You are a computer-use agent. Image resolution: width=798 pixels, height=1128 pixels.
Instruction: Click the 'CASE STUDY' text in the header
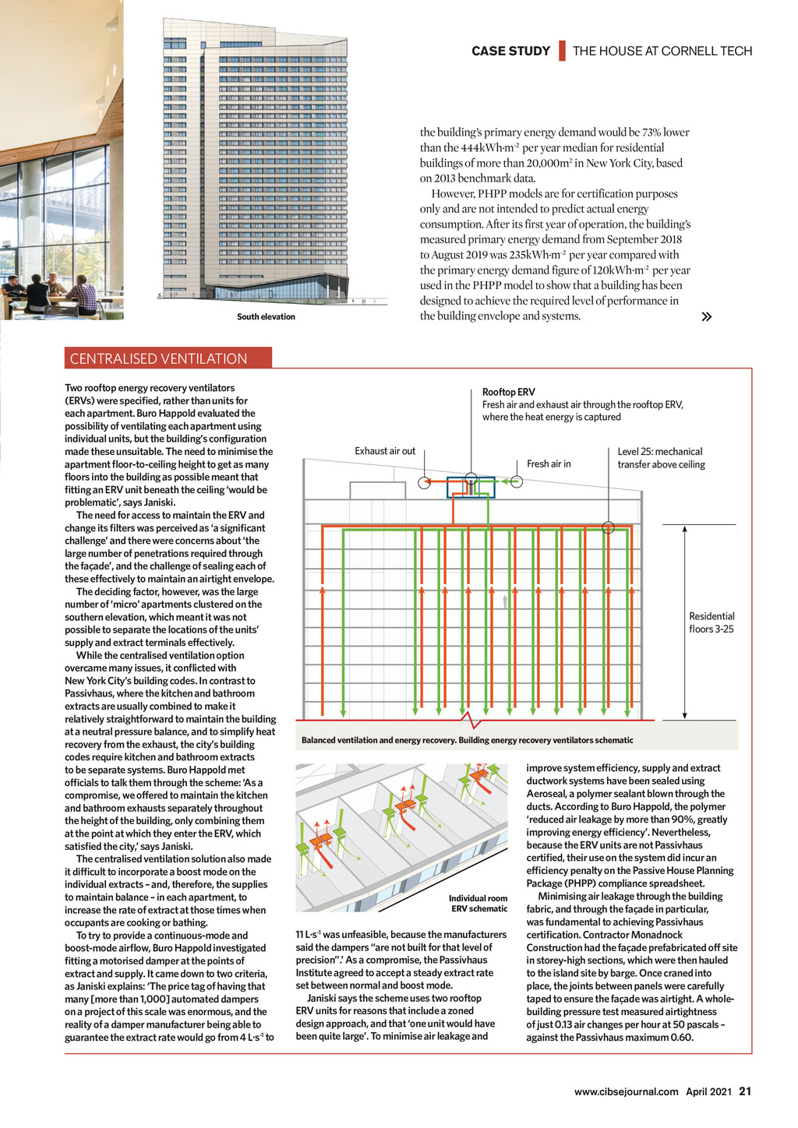pyautogui.click(x=510, y=51)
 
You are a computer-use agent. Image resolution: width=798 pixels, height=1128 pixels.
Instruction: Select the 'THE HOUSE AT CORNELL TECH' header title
pyautogui.click(x=662, y=51)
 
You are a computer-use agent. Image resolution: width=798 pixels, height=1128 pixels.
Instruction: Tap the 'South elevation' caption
pyautogui.click(x=266, y=317)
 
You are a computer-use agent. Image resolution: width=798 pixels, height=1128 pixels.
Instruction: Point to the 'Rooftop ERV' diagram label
pyautogui.click(x=508, y=392)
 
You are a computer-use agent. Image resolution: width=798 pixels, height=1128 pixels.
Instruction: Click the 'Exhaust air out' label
pyautogui.click(x=385, y=451)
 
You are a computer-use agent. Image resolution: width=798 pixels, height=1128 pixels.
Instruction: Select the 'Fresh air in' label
pyautogui.click(x=549, y=464)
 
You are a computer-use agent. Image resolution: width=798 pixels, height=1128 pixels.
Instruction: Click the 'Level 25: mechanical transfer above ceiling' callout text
pyautogui.click(x=661, y=458)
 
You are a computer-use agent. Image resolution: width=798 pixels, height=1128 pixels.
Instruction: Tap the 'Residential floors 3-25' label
pyautogui.click(x=711, y=622)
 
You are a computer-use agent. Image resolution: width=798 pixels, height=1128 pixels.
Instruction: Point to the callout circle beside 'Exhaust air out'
pyautogui.click(x=424, y=482)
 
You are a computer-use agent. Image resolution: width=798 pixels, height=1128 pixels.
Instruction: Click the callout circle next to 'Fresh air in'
pyautogui.click(x=516, y=481)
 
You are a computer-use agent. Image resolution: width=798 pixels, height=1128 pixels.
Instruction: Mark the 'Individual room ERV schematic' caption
pyautogui.click(x=478, y=904)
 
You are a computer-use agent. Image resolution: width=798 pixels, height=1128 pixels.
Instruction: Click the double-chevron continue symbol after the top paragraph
pyautogui.click(x=706, y=317)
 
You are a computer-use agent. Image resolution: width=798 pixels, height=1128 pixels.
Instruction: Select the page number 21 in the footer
pyautogui.click(x=745, y=1091)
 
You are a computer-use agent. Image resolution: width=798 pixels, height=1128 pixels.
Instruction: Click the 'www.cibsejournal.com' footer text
pyautogui.click(x=626, y=1091)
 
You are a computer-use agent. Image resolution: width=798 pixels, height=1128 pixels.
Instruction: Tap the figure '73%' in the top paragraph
pyautogui.click(x=651, y=132)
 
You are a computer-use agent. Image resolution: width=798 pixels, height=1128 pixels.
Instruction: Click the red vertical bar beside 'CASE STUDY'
pyautogui.click(x=561, y=51)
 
